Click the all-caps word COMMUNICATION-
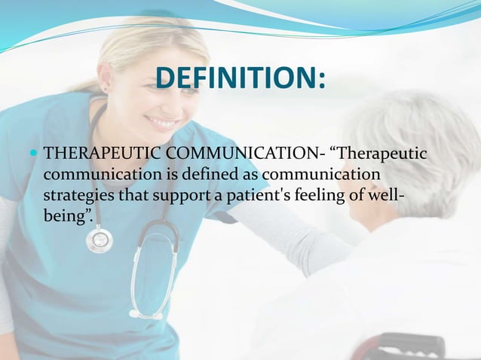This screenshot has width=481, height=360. (x=248, y=154)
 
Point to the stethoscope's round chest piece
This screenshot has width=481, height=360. (x=99, y=239)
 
